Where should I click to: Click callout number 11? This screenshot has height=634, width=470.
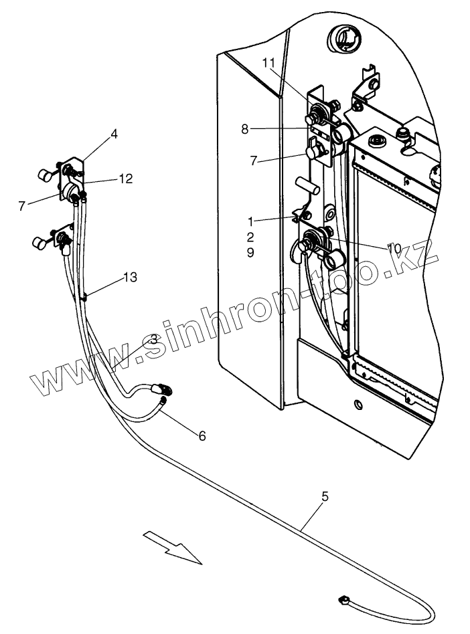pyautogui.click(x=268, y=63)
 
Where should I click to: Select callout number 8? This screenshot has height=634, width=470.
pyautogui.click(x=245, y=129)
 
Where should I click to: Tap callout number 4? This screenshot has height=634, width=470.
pyautogui.click(x=114, y=134)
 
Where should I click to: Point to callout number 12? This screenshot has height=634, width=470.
pyautogui.click(x=126, y=179)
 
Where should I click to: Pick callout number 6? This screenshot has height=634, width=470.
pyautogui.click(x=202, y=435)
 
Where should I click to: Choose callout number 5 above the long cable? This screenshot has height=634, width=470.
pyautogui.click(x=325, y=496)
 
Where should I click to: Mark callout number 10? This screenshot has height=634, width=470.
pyautogui.click(x=394, y=248)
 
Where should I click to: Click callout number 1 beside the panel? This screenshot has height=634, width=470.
pyautogui.click(x=250, y=220)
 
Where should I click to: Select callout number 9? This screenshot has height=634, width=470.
pyautogui.click(x=250, y=253)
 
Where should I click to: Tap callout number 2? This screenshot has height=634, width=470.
pyautogui.click(x=250, y=237)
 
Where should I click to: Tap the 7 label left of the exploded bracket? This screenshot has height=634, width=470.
pyautogui.click(x=22, y=205)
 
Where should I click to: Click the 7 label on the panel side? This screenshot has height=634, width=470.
pyautogui.click(x=252, y=161)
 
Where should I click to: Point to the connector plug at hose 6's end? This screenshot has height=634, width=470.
pyautogui.click(x=162, y=388)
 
